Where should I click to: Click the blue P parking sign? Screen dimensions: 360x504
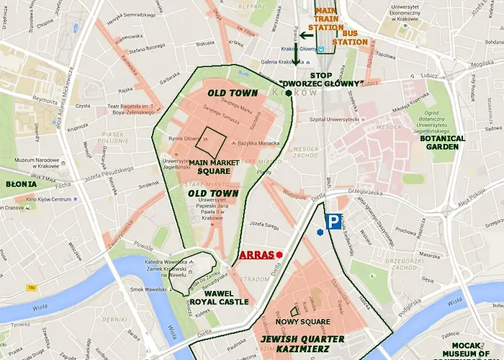[x=333, y=222]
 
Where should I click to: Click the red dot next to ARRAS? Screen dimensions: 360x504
[x=279, y=255]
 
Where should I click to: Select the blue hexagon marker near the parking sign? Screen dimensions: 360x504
[x=320, y=232]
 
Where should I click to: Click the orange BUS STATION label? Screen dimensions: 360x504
[x=354, y=37]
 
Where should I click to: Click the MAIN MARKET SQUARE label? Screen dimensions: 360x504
[x=214, y=167]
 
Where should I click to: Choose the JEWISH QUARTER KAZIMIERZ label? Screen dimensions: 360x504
[x=302, y=343]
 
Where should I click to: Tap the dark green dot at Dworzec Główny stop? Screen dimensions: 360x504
[x=289, y=93]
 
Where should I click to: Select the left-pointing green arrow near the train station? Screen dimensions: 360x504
[x=306, y=34]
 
